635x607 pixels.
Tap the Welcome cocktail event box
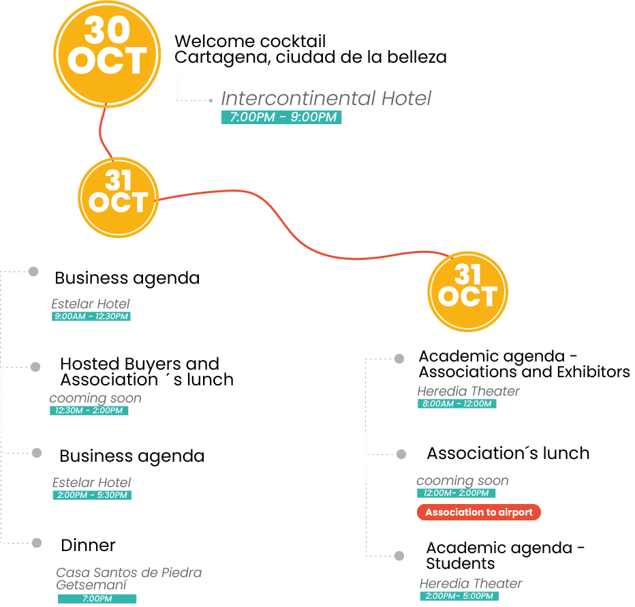pos(307,47)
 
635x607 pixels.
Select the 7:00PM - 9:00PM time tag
pos(281,117)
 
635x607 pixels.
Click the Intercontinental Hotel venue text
pos(326,99)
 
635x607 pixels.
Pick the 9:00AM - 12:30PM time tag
pos(91,316)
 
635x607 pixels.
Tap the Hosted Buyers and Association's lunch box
pos(145,372)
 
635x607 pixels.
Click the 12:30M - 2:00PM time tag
pos(89,411)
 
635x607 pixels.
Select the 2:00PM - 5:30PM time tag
pos(91,495)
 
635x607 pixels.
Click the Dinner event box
pos(145,544)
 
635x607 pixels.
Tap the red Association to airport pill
pos(478,512)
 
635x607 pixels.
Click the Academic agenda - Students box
pos(512,556)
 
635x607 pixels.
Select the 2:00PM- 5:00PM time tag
pos(459,596)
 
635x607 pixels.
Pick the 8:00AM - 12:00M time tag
pos(456,404)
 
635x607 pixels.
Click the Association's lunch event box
pos(512,454)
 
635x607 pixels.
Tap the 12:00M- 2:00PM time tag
pos(456,493)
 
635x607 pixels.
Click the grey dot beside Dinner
pos(35,543)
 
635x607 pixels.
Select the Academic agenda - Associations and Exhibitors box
pos(523,364)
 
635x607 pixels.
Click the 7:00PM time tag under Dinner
pos(97,599)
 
